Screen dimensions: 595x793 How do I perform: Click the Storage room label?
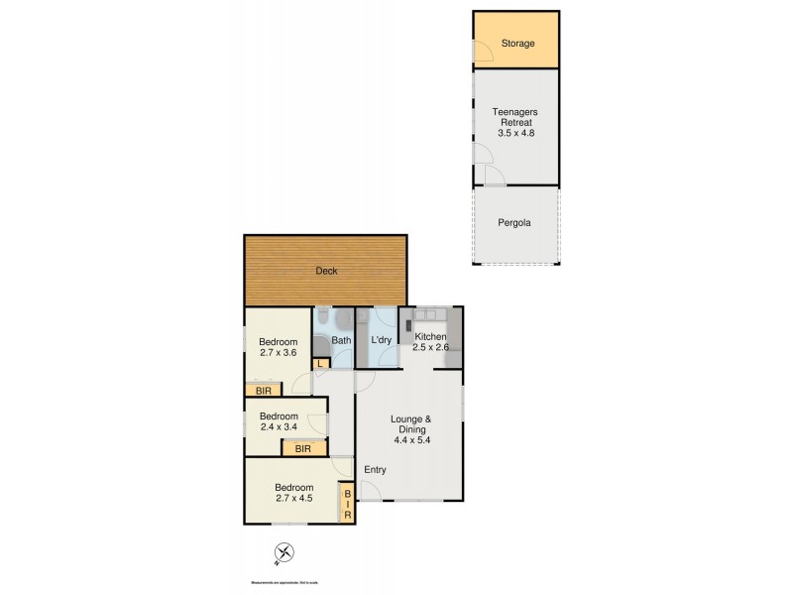[517, 44]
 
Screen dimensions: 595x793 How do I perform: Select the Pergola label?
[513, 223]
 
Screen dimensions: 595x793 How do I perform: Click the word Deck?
[325, 271]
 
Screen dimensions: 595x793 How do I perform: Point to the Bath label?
[341, 341]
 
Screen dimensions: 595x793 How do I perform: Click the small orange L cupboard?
[320, 364]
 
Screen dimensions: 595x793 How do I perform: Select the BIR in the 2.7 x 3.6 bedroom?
[262, 391]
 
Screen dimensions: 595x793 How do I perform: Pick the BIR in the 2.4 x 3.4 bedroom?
[303, 448]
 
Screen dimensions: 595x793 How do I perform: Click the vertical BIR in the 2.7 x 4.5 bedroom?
[347, 505]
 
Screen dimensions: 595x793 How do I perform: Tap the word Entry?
[376, 470]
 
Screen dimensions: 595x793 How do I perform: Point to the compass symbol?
[283, 552]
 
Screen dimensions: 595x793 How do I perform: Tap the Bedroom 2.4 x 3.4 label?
[279, 422]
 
